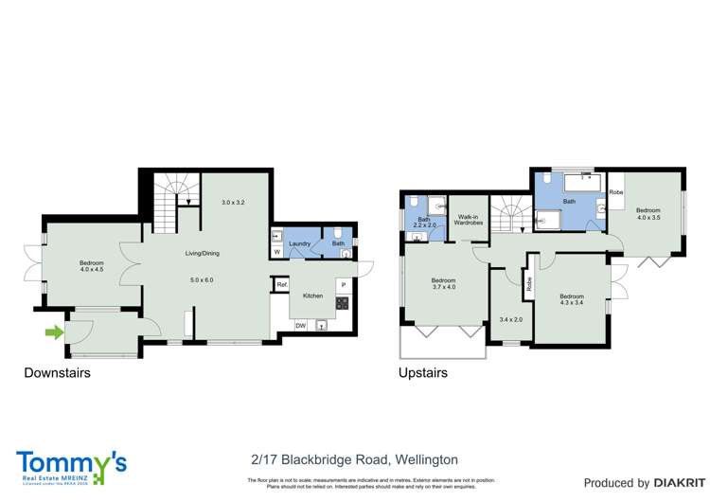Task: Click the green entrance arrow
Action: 54,332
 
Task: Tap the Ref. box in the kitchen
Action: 282,284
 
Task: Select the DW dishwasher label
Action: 300,326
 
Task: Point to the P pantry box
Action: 343,283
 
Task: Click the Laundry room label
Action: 301,244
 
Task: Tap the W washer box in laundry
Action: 276,252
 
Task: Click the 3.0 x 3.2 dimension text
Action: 233,203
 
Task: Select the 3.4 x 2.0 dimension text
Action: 510,319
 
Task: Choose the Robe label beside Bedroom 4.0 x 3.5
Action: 616,192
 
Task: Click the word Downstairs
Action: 57,373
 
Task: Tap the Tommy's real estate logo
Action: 71,465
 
